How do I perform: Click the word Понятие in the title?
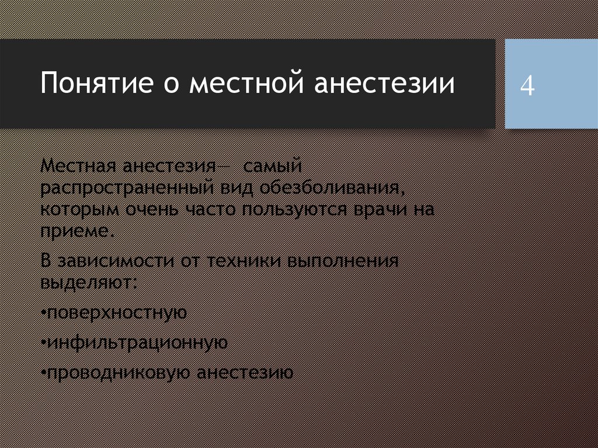97,82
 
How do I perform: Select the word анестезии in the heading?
384,82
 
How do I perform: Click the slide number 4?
527,86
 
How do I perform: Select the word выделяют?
88,283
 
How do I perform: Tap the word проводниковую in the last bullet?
118,373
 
